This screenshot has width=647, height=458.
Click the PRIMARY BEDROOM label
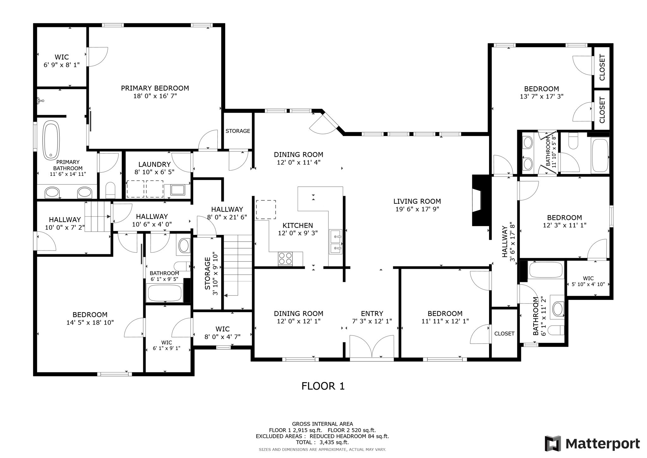(155, 88)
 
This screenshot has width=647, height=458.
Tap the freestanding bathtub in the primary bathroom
(51, 140)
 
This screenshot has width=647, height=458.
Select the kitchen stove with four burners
(285, 258)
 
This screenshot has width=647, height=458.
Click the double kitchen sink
(335, 242)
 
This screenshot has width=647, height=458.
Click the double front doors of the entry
(372, 347)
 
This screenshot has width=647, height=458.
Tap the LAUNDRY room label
(154, 164)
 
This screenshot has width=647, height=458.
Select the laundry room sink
(178, 190)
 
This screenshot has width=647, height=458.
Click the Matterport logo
(592, 444)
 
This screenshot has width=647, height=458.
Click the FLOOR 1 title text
(323, 386)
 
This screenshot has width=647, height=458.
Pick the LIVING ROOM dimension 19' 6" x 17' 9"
(417, 209)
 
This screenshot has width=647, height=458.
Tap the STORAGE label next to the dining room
(238, 131)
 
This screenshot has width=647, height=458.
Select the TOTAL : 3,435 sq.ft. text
(322, 442)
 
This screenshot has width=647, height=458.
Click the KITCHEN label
(298, 226)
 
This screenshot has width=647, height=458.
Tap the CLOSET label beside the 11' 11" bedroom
(504, 334)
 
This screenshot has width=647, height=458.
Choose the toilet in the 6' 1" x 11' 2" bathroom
(556, 331)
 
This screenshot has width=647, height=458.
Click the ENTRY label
(372, 313)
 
